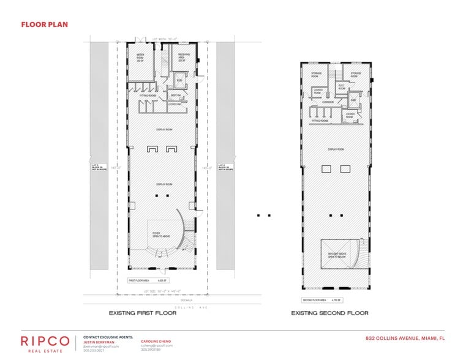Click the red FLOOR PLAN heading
click(x=44, y=25)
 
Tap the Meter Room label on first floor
click(x=140, y=58)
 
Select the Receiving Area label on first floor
click(x=183, y=58)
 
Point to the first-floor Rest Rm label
click(x=175, y=96)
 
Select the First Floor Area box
click(x=147, y=281)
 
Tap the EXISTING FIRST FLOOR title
click(x=142, y=313)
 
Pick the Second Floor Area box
click(x=322, y=300)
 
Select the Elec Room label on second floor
click(x=342, y=86)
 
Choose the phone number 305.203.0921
click(x=94, y=351)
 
